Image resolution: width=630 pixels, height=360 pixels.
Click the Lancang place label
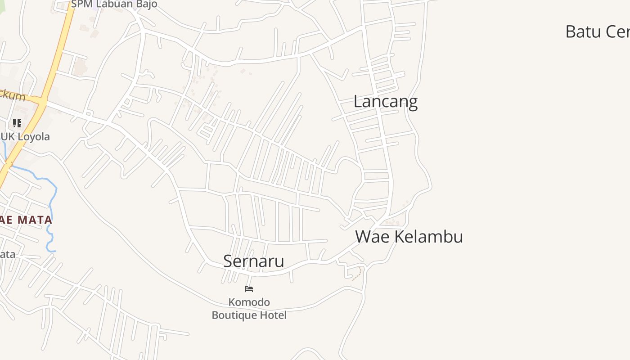tap(385, 102)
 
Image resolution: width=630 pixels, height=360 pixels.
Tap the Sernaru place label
tap(253, 261)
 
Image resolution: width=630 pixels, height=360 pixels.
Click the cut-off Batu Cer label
tap(597, 32)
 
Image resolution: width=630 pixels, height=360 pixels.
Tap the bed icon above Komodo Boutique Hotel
tap(249, 288)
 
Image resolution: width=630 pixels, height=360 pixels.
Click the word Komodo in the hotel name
tap(249, 302)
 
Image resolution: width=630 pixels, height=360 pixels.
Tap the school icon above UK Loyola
tap(17, 123)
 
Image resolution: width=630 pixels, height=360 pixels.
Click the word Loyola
tap(33, 137)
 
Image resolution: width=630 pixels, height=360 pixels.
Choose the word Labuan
tap(114, 4)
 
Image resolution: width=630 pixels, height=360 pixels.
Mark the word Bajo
tap(147, 4)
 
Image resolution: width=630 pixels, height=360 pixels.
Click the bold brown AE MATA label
tap(26, 220)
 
